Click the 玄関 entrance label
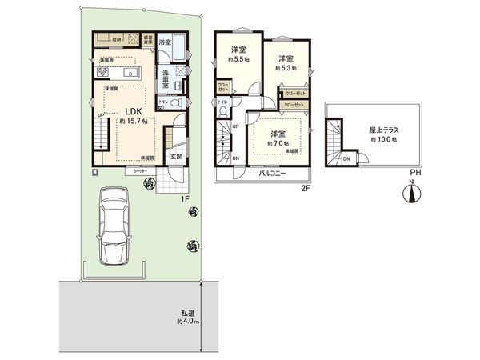176,157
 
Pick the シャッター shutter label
139,171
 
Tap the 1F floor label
184,198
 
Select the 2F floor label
305,189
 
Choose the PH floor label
414,172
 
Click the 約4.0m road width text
187,322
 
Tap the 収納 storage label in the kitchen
117,38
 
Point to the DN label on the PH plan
346,158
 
